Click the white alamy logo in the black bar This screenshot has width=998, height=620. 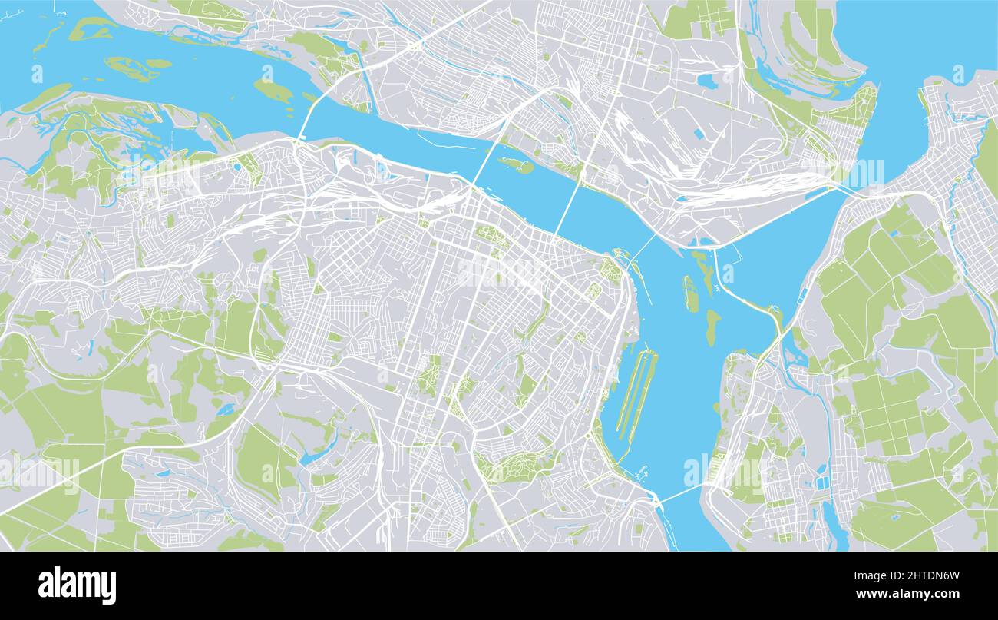(x=77, y=585)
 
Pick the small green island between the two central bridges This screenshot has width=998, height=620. (x=516, y=164)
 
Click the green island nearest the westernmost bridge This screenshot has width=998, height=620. (x=273, y=91)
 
